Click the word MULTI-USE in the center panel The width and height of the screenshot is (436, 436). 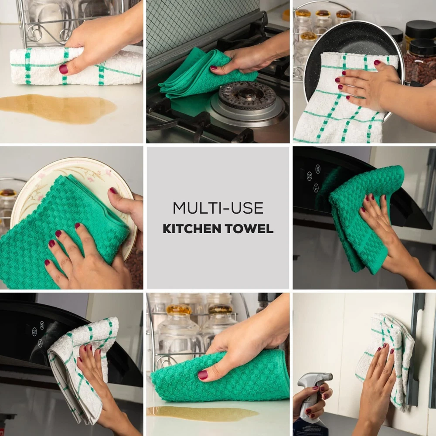[218, 208]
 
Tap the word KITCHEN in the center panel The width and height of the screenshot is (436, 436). [192, 229]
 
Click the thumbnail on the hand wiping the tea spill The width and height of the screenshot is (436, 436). [63, 69]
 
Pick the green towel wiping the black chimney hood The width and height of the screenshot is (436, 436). [364, 217]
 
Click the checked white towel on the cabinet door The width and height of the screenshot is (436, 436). [386, 359]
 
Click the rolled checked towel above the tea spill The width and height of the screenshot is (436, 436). [75, 66]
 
